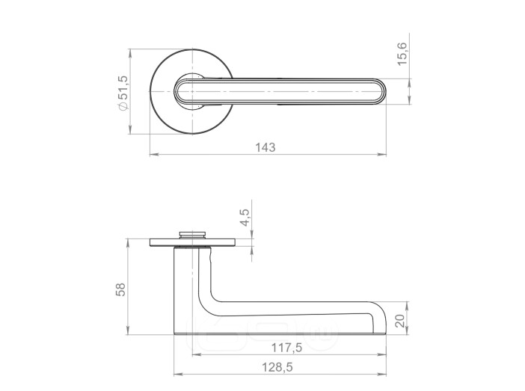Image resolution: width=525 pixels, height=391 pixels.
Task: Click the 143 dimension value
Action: tap(265, 147)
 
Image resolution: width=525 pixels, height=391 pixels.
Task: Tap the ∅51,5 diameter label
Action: tap(123, 93)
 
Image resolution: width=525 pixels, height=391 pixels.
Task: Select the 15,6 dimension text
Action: tap(402, 54)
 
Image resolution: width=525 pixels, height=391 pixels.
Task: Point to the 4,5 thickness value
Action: tap(245, 218)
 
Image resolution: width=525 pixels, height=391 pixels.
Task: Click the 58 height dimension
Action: tap(120, 289)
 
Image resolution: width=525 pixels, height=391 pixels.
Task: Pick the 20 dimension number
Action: tap(400, 321)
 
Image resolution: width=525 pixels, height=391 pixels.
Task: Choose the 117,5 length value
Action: tap(286, 348)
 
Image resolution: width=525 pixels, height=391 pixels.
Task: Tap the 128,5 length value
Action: tap(277, 367)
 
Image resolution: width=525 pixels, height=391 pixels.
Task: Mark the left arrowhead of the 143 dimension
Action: tap(154, 154)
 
